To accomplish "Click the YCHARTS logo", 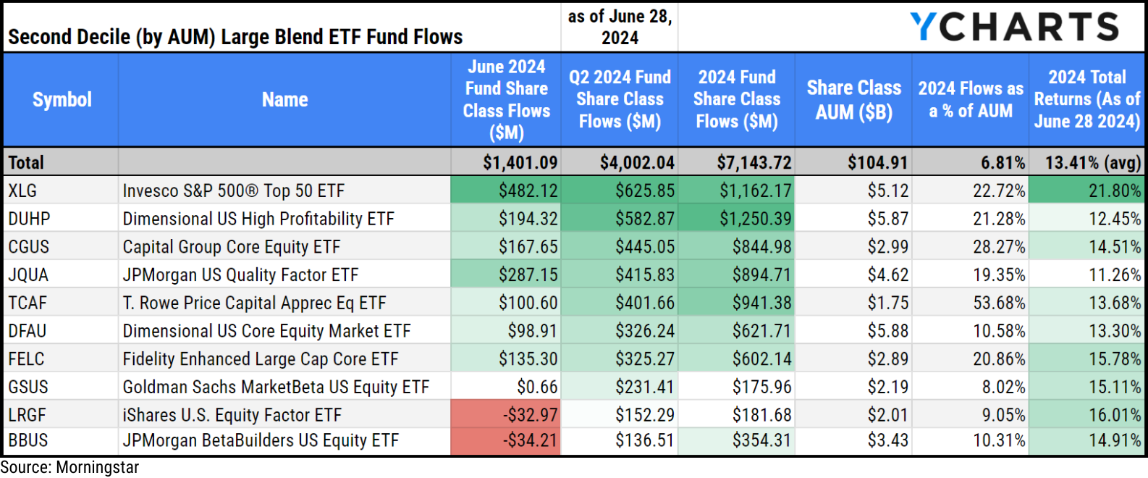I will coord(1014,27).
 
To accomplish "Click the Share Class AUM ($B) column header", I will coord(853,100).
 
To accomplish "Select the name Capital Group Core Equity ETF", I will coord(231,247).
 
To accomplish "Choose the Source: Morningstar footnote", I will coord(69,468).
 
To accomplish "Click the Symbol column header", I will coord(62,100).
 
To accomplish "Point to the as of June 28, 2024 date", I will coord(620,27).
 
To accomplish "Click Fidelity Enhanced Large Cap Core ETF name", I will coord(260,359).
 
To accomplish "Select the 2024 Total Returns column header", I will coord(1086,100).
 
